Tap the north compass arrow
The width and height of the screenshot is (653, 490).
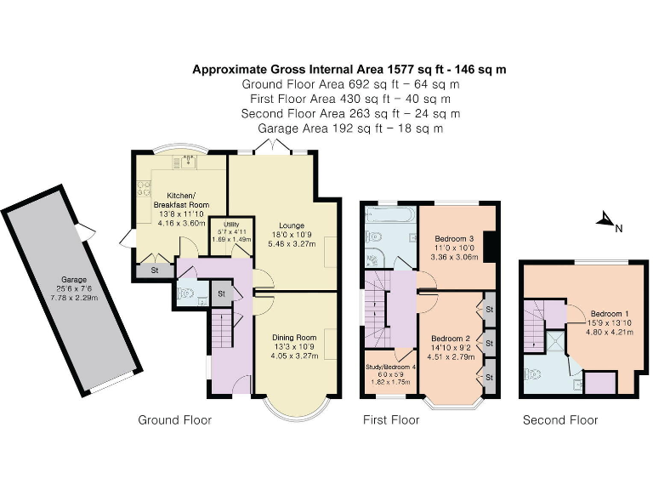pos(605,224)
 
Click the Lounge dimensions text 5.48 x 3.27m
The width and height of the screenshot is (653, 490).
pos(286,243)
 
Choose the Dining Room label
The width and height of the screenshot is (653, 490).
pos(294,338)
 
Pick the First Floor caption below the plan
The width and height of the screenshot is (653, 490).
pos(391,420)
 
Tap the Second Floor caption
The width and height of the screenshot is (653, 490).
pos(559,420)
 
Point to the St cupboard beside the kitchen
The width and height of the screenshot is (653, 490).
pos(155,271)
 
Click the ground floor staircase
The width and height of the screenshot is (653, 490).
pos(222,327)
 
